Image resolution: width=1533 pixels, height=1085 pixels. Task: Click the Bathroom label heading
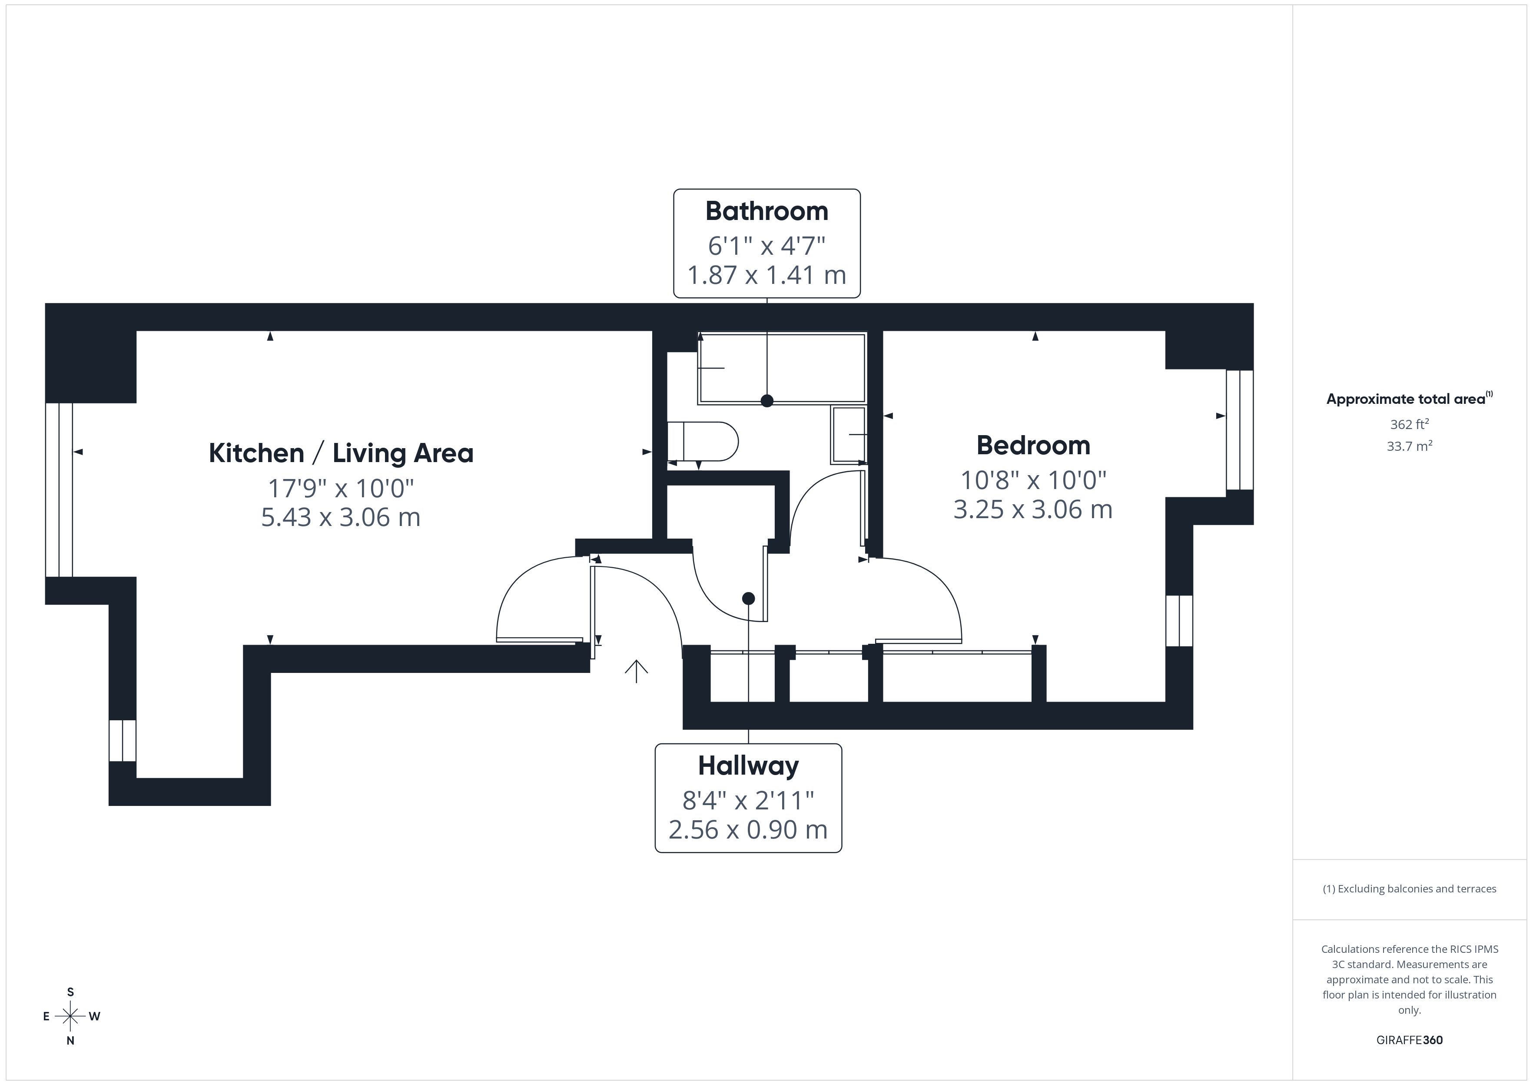click(x=766, y=211)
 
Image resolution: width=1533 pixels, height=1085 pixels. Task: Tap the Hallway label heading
click(x=748, y=765)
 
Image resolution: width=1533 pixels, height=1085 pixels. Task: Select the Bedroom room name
click(x=1033, y=446)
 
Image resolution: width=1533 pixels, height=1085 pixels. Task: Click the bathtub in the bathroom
click(x=781, y=368)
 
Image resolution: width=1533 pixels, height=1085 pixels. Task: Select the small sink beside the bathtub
click(x=848, y=435)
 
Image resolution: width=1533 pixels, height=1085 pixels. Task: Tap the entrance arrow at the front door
click(x=636, y=671)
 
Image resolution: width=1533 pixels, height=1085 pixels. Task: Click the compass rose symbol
click(x=70, y=1016)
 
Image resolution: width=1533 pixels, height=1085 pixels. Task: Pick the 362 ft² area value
click(x=1409, y=424)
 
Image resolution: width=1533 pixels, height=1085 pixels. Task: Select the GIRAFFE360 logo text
click(x=1409, y=1040)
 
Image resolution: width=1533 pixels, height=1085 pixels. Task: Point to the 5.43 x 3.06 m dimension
click(x=341, y=518)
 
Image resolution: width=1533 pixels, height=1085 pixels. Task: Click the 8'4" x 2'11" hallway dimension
click(x=748, y=800)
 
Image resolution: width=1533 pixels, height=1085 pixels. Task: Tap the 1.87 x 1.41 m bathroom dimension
click(x=766, y=275)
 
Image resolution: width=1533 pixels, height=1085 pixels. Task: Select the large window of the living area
click(x=59, y=490)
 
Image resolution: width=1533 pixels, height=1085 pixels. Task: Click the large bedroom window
click(x=1239, y=429)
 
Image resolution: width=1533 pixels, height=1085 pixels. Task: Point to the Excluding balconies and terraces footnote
click(x=1409, y=889)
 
